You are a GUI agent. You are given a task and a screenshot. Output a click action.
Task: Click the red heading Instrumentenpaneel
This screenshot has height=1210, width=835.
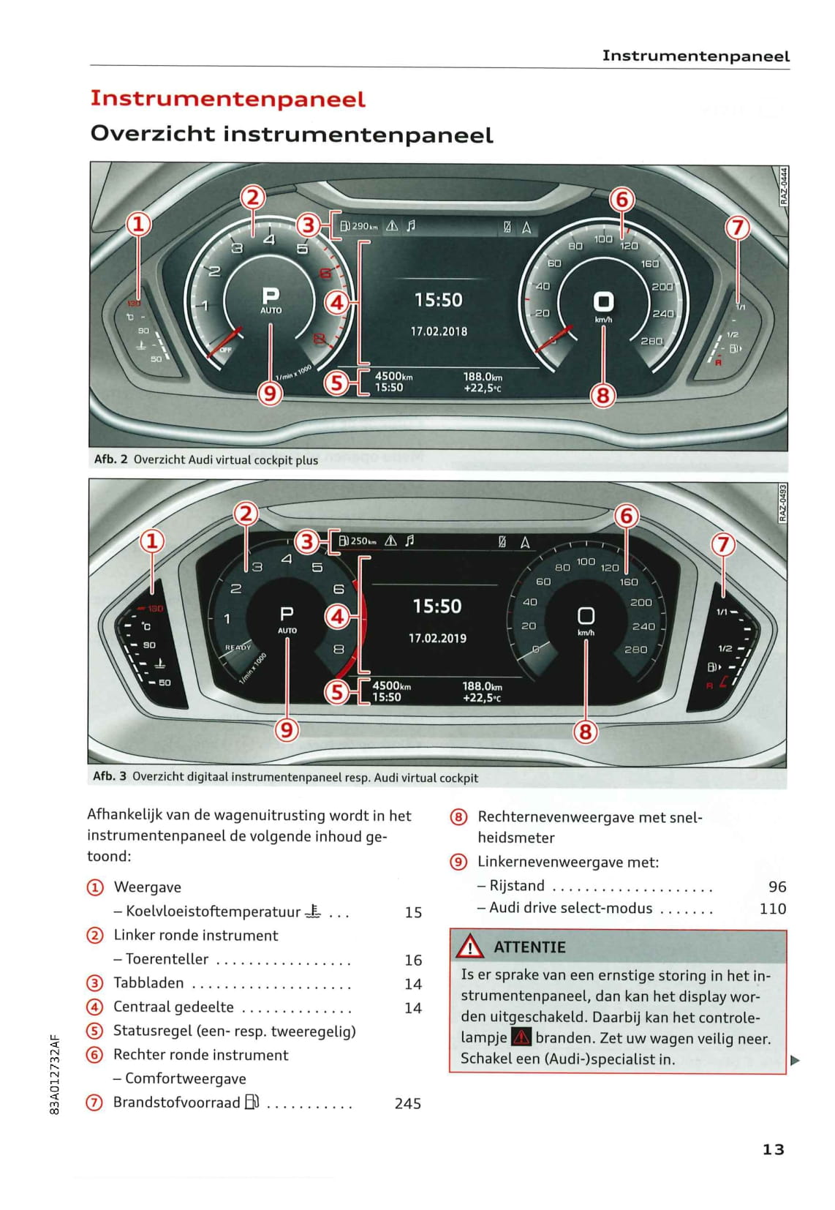click(227, 99)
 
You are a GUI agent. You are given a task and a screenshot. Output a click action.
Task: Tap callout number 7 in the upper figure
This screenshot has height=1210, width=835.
click(737, 228)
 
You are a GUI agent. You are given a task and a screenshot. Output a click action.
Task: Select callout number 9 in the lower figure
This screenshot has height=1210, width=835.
click(287, 729)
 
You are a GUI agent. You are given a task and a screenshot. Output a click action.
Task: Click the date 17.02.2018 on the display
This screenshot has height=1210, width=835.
click(439, 331)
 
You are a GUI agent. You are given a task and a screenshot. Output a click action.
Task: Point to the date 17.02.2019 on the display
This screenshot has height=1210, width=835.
click(437, 638)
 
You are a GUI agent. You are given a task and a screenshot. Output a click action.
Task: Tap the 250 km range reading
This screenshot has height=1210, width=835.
click(363, 541)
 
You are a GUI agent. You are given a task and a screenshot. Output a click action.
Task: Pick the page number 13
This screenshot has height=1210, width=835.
click(773, 1149)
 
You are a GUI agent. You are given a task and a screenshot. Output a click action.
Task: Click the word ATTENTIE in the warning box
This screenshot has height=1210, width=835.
click(529, 947)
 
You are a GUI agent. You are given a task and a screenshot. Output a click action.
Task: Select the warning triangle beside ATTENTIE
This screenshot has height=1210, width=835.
click(469, 947)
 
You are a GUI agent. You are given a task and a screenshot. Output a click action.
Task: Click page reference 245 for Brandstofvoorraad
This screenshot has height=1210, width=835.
click(407, 1103)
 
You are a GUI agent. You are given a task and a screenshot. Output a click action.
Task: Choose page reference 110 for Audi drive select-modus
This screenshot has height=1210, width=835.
click(772, 909)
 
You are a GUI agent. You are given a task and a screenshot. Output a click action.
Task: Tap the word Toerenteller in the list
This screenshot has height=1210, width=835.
click(167, 959)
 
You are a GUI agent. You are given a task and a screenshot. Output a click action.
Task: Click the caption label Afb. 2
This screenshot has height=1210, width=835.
click(110, 459)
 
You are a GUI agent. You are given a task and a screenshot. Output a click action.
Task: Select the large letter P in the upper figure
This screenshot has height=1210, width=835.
click(271, 296)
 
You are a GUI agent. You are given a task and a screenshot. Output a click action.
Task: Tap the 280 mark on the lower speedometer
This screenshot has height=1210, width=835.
click(635, 649)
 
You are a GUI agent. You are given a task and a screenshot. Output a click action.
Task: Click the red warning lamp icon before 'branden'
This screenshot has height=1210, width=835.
click(521, 1037)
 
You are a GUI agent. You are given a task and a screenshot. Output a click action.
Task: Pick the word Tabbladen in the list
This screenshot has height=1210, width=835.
click(148, 982)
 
